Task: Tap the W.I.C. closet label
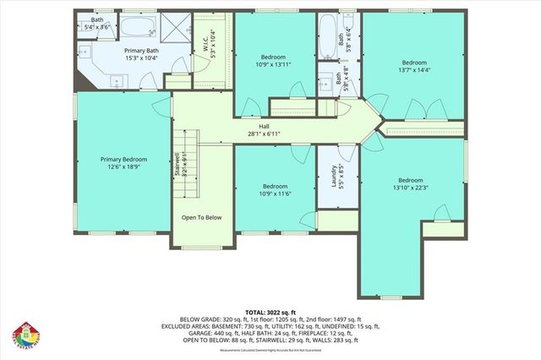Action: pyautogui.click(x=205, y=41)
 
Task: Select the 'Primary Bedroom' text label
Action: pyautogui.click(x=124, y=160)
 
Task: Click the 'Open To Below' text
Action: pyautogui.click(x=201, y=217)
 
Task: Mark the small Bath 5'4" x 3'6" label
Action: pyautogui.click(x=97, y=24)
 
